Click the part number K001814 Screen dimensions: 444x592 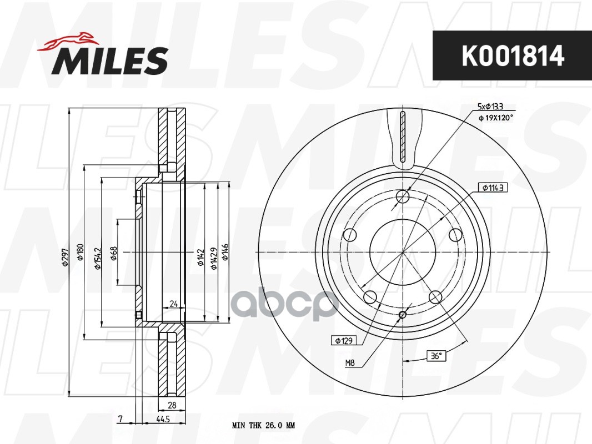tap(512, 56)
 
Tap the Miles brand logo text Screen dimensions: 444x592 tap(111, 60)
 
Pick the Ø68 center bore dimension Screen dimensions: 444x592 tap(114, 254)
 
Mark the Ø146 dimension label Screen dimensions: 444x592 tap(225, 253)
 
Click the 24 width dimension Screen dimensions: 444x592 tap(173, 304)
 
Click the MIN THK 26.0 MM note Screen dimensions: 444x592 tap(263, 426)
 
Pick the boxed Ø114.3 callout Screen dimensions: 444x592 tap(491, 188)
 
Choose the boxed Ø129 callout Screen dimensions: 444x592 tap(343, 340)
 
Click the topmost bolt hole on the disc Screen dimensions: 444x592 tap(403, 196)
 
